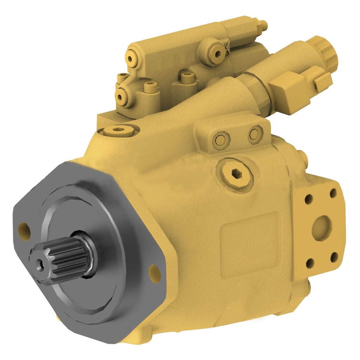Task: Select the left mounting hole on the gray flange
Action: point(24,229)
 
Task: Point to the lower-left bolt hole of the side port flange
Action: point(310,263)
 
